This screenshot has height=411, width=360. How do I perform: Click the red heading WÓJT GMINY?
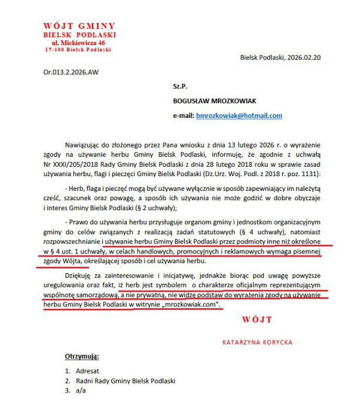pyautogui.click(x=79, y=26)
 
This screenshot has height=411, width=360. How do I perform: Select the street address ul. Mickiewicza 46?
pyautogui.click(x=79, y=43)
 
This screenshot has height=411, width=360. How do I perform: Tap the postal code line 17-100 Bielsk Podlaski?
pyautogui.click(x=79, y=50)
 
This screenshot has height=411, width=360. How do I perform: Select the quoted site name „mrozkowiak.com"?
pyautogui.click(x=190, y=305)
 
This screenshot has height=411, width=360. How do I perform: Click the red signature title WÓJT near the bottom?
pyautogui.click(x=257, y=319)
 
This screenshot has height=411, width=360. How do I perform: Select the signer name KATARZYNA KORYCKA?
pyautogui.click(x=257, y=342)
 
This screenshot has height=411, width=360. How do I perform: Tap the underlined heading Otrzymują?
pyautogui.click(x=82, y=357)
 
